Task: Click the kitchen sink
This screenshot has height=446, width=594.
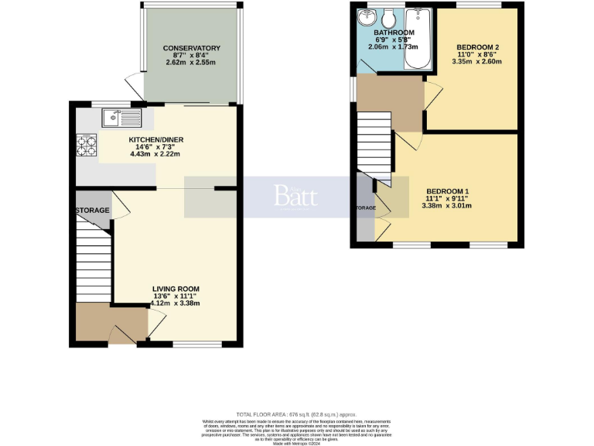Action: [x=121, y=118]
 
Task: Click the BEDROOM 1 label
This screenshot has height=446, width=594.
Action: [x=447, y=191]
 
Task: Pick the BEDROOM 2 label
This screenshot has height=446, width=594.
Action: [x=477, y=47]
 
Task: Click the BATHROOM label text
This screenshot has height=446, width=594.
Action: [x=394, y=33]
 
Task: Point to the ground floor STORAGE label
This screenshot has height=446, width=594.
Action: [x=93, y=211]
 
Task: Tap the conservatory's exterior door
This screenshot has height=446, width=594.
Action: [x=133, y=84]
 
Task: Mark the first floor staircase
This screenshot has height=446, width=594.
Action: [x=374, y=143]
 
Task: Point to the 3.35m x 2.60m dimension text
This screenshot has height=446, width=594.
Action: [x=477, y=62]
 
